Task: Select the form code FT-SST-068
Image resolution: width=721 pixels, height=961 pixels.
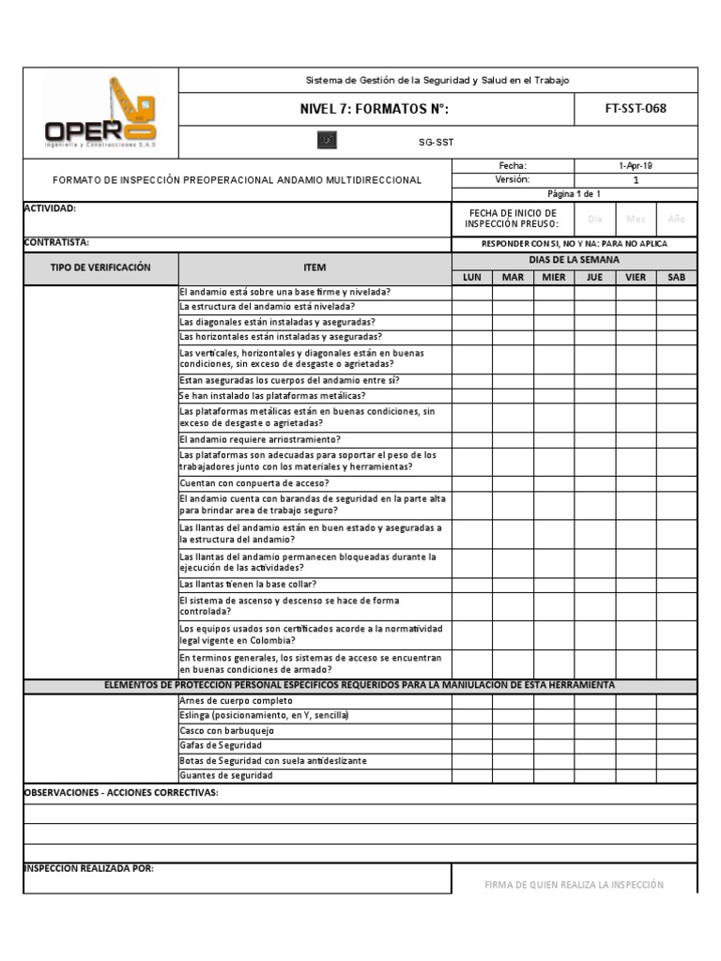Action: coord(636,108)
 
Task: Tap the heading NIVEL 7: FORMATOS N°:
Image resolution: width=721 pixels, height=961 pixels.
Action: coord(374,109)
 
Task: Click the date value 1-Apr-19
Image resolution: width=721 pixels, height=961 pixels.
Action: coord(636,165)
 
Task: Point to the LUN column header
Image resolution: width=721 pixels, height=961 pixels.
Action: coord(471,277)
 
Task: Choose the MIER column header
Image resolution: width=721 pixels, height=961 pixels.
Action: coord(554,277)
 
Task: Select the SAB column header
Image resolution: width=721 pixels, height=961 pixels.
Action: coord(676,277)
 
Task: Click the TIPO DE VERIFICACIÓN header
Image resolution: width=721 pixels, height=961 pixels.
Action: coord(100,267)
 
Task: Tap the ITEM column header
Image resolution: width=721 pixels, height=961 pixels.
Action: coord(314,268)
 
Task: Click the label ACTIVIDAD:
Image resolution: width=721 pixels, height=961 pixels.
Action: coord(50,208)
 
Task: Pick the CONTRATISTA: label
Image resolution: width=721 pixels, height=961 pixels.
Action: coord(56,242)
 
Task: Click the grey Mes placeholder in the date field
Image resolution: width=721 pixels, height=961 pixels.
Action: coord(636,219)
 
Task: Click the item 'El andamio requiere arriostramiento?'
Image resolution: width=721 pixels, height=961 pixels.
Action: coord(260,439)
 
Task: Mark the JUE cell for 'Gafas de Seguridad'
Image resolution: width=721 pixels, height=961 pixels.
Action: coord(594,745)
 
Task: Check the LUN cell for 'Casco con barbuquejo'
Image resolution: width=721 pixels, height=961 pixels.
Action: coord(471,730)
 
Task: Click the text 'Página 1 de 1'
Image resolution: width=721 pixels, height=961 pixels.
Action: coord(574,193)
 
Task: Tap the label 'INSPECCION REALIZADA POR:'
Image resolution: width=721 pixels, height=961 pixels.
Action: coord(88,868)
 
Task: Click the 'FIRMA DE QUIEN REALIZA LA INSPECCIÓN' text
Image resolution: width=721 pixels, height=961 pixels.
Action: coord(574,884)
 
